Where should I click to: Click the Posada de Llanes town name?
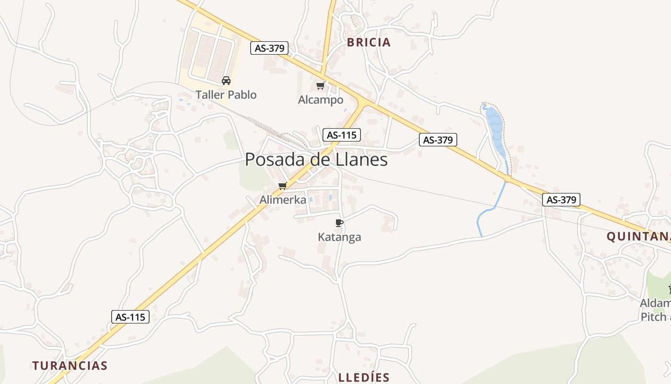pos(316,160)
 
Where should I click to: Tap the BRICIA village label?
pos(369,42)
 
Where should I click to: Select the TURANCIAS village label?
pos(70,366)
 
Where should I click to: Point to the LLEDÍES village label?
pos(364,377)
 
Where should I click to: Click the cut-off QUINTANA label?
pos(638,236)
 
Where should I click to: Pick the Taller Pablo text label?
pos(226,95)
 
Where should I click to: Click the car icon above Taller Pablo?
pos(226,81)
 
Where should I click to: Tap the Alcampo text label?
pos(321,100)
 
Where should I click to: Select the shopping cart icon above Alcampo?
pos(320,86)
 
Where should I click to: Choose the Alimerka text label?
pos(283,200)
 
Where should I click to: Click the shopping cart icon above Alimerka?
pos(282,186)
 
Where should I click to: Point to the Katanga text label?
pos(339,237)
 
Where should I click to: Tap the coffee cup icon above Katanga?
pos(339,223)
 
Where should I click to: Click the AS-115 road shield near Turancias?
pos(130,317)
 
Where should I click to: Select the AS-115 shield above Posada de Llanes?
pos(341,135)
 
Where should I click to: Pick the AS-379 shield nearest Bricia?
pos(269,48)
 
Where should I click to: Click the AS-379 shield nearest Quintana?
pos(561,199)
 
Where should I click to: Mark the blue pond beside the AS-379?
pos(495,127)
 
